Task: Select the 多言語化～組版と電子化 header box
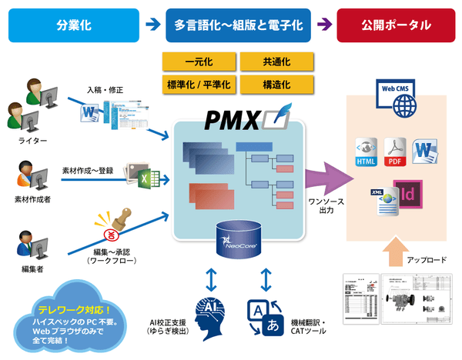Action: pos(239,25)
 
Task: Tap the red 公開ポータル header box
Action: pos(397,25)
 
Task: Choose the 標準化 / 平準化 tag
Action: pos(199,83)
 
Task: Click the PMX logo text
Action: pos(232,122)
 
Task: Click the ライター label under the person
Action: pos(32,142)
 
